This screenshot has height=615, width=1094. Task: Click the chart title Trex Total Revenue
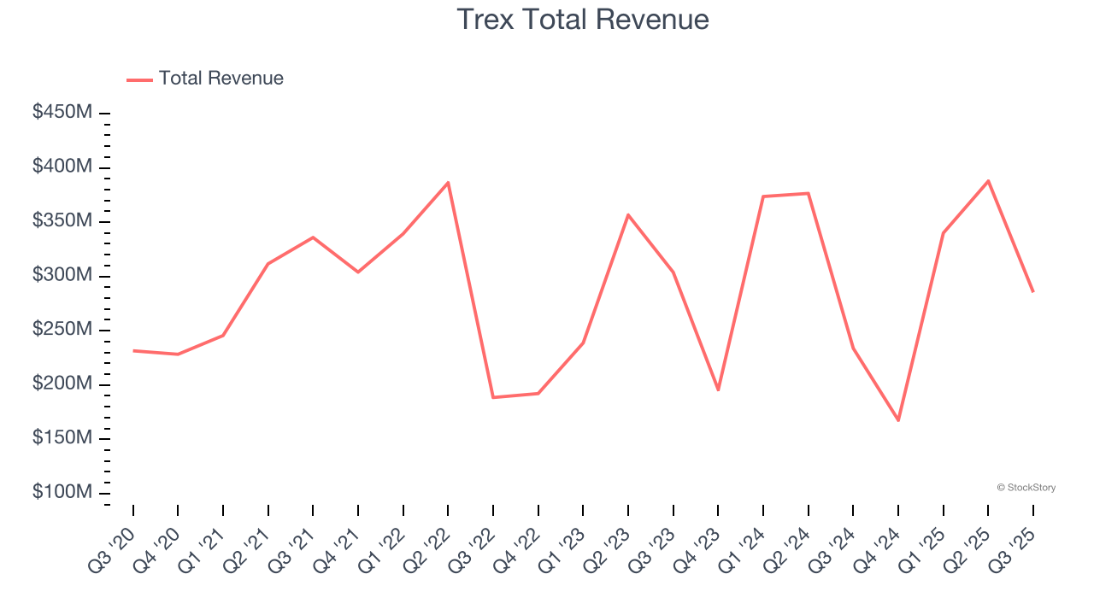[x=582, y=20]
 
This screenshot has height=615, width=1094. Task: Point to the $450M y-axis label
[x=62, y=113]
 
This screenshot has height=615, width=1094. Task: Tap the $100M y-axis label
[x=62, y=494]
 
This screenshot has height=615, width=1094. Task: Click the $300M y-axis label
[x=62, y=276]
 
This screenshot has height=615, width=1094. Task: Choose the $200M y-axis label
[x=62, y=384]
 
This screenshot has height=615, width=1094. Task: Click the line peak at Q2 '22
[x=448, y=182]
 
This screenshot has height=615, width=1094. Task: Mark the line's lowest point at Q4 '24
[x=898, y=420]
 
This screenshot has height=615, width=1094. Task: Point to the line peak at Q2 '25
[x=988, y=180]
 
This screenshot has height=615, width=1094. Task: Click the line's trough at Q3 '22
[x=493, y=397]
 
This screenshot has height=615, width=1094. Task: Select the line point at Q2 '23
[x=628, y=214]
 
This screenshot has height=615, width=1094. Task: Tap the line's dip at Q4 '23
[x=718, y=390]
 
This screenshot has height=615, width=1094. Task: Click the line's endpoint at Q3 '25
[x=1032, y=292]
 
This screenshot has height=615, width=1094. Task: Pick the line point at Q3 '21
[x=313, y=237]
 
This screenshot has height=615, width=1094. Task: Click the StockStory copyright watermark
[x=1026, y=488]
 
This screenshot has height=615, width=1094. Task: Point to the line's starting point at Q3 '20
[x=133, y=350]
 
